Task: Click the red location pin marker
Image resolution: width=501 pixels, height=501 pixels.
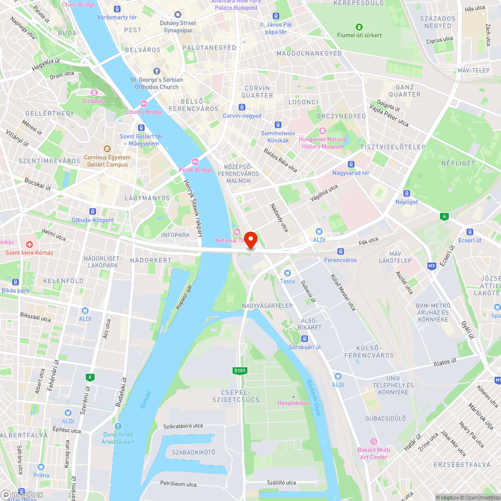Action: pos(250,239)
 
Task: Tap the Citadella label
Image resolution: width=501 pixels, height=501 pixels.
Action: pos(94,101)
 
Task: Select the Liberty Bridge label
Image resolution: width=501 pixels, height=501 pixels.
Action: pos(144,112)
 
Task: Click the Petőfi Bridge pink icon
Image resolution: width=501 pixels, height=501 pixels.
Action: pos(195,162)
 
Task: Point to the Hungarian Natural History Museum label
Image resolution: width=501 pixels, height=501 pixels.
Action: pos(323,143)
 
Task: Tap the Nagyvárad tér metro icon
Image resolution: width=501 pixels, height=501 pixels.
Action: pos(351,164)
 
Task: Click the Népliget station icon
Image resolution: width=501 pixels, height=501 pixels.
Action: pos(407,193)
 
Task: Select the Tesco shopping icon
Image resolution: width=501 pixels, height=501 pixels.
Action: pos(288,273)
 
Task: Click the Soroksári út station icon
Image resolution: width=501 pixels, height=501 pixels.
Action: pos(304,338)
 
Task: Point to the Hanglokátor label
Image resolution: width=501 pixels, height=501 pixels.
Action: pos(294,403)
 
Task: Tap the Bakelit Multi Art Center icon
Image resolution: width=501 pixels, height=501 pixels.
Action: pos(373,441)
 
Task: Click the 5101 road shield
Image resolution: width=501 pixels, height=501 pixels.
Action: pos(240,370)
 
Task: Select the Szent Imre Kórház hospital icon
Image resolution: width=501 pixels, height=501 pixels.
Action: pos(30,244)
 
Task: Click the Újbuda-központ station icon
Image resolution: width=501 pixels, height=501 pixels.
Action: pos(93,211)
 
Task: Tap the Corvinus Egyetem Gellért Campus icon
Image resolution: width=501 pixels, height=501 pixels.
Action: pos(107,149)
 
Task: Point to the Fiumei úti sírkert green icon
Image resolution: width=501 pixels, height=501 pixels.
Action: pos(359,27)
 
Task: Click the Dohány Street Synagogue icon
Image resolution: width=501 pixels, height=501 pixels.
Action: pos(177,15)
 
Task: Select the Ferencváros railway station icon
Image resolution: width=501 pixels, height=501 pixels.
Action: pos(340,252)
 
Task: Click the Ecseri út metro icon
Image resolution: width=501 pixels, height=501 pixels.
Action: pos(469,231)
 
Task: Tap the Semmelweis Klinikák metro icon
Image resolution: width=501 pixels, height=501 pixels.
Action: pos(278,125)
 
